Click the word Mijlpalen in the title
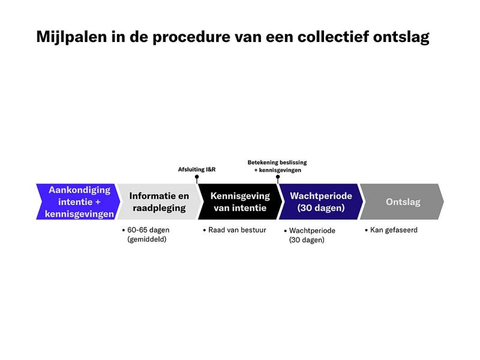(71, 37)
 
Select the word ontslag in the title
(401, 37)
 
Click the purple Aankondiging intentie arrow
(79, 202)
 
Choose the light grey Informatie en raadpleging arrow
(159, 202)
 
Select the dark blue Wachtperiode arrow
(321, 202)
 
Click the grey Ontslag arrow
(402, 202)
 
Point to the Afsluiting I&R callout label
(197, 169)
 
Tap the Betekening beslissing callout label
(277, 162)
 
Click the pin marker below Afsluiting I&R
(197, 179)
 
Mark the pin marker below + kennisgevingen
(278, 179)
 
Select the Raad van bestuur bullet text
(237, 230)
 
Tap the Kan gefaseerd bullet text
(394, 230)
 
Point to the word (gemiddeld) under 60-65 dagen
(147, 239)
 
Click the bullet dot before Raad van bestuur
(205, 230)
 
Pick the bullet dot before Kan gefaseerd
(367, 230)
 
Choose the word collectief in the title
(333, 37)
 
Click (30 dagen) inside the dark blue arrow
(321, 208)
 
